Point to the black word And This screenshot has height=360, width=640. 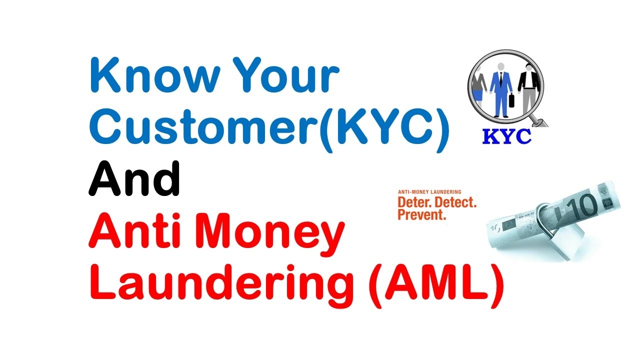coord(134,178)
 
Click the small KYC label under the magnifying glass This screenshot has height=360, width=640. coord(506,136)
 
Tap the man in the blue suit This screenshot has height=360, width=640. coord(501,90)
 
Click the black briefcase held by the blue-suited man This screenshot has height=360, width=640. coord(511,100)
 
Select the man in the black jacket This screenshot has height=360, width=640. coord(528,89)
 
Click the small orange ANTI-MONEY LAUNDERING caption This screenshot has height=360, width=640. coord(429,192)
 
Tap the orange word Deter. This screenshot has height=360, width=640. coord(414,202)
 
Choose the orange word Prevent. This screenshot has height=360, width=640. coord(422,214)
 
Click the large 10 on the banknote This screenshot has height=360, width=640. coord(581,207)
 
